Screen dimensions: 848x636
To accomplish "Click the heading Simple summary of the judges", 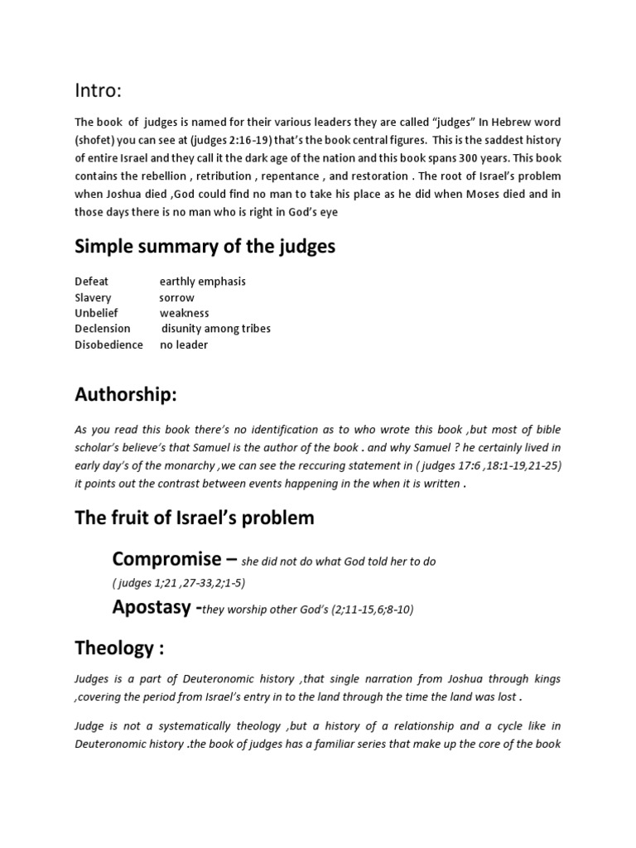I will (205, 246).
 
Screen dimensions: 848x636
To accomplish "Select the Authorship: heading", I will (126, 396).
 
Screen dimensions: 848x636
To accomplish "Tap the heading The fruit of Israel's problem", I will (195, 518).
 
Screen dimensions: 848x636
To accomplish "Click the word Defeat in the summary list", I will (91, 282).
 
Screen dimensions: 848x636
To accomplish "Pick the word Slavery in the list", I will (93, 297).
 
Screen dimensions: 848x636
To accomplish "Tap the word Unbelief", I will (96, 313).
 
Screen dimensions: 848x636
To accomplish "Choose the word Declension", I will (102, 329).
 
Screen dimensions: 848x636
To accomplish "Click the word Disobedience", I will (108, 344).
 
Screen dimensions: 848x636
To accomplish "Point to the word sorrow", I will (177, 297).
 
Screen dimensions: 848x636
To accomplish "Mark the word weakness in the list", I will (185, 313).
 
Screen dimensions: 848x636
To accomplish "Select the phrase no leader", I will (184, 344).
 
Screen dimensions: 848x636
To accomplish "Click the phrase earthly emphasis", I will (203, 282).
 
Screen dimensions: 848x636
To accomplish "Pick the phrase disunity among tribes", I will (216, 329).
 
